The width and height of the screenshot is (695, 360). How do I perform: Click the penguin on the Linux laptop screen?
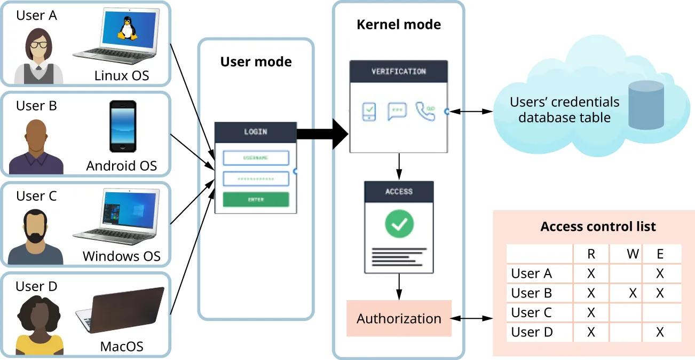127,28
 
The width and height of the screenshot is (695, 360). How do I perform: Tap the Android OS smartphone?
123,127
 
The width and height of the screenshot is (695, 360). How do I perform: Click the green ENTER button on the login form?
256,200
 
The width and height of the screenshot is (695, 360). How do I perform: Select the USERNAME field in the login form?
256,158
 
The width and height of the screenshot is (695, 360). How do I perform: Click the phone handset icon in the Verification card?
425,111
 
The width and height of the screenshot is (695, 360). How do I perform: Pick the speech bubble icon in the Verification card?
397,111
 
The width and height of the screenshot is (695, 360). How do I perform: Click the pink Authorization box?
399,318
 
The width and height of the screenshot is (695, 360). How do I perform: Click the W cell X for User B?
633,293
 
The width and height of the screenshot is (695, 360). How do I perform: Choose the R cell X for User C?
591,312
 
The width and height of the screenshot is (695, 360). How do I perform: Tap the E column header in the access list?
660,254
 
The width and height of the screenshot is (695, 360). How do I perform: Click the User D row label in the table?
532,332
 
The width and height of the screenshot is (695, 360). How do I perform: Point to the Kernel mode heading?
399,25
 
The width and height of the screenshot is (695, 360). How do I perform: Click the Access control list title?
598,226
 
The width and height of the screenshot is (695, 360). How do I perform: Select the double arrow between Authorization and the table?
472,318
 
